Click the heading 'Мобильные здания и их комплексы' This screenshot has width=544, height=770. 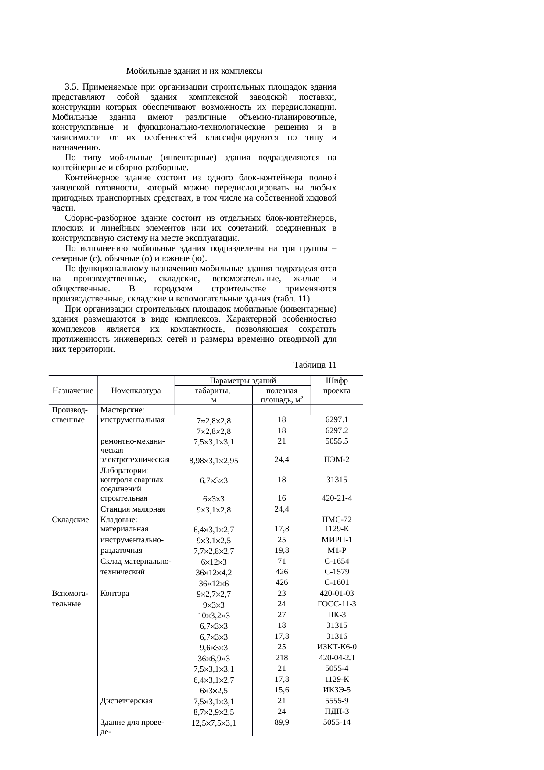[194, 71]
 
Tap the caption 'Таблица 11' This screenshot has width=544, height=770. [315, 365]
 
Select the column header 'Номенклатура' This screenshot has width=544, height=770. [136, 390]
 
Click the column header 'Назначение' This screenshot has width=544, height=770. [73, 390]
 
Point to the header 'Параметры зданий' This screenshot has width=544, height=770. [242, 380]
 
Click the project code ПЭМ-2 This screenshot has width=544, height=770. [336, 459]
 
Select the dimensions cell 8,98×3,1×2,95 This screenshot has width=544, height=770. [214, 461]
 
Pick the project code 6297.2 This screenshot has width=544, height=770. [336, 430]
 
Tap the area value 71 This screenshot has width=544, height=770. [282, 561]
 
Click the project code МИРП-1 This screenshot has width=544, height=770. [336, 540]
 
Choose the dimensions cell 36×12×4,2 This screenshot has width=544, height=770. [214, 573]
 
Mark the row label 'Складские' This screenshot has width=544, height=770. [70, 519]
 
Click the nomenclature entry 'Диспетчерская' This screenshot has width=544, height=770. [126, 701]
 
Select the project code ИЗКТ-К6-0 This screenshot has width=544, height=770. [336, 647]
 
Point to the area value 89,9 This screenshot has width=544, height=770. [282, 722]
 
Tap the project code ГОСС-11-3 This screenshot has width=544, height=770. [336, 604]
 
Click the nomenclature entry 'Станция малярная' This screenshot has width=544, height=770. [132, 509]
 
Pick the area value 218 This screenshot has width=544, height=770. [282, 658]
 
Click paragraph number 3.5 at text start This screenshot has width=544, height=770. [72, 86]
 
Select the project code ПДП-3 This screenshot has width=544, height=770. [336, 711]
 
